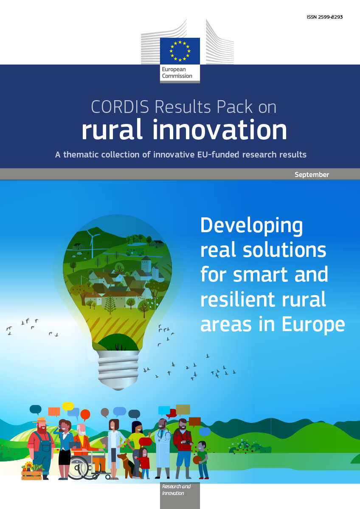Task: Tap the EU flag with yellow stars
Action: coord(180,51)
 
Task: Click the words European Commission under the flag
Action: coord(177,73)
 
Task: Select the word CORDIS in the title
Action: coord(120,107)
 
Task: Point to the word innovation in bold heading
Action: coord(220,129)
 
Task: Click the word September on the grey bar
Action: coord(312,174)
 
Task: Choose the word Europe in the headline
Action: coord(313,325)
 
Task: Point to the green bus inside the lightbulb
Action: coord(135,252)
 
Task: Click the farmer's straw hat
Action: coord(41,420)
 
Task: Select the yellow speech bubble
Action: coord(68,406)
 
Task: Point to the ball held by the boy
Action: coord(197,460)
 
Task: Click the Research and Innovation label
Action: coord(176,489)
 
